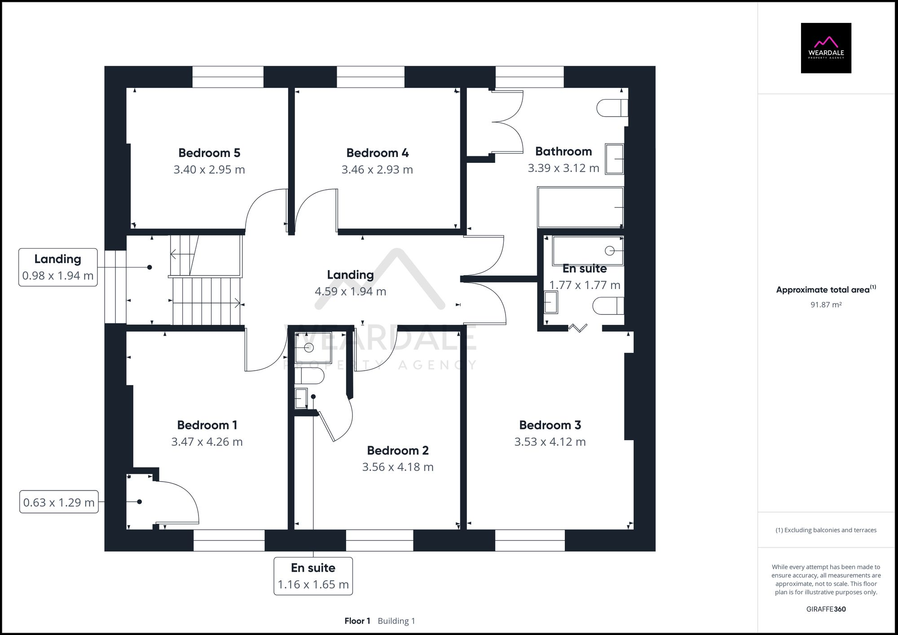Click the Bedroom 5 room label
[x=209, y=153]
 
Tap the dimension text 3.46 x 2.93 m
[x=377, y=170]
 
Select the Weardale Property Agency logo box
[x=826, y=48]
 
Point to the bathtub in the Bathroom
[x=580, y=207]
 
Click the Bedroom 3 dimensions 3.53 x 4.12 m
[x=550, y=442]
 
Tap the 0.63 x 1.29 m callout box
[x=59, y=502]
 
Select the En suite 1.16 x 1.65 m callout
[x=313, y=576]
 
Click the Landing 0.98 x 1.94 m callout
[x=58, y=267]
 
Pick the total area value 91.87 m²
[x=826, y=305]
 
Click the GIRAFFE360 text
[x=826, y=609]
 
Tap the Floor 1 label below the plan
[x=357, y=621]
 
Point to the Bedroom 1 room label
[x=207, y=425]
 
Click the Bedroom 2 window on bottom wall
[x=379, y=540]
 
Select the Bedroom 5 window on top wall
[x=228, y=77]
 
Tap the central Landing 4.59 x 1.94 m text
[x=350, y=283]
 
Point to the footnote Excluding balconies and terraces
[x=826, y=530]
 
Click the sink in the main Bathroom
[x=614, y=158]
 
